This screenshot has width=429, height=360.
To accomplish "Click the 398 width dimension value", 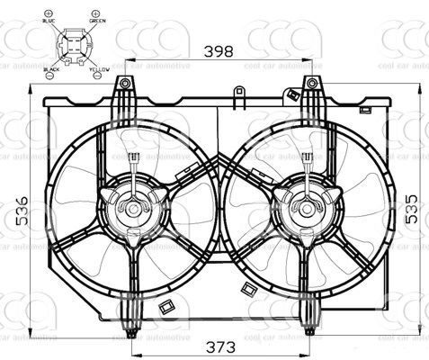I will [219, 52].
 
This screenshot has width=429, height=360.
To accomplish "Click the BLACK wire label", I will [51, 67].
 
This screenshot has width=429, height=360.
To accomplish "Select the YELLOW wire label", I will [99, 67].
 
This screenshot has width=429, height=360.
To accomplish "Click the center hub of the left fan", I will [133, 208].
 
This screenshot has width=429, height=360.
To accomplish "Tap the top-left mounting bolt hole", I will [125, 84].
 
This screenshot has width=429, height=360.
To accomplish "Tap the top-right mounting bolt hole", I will [311, 84].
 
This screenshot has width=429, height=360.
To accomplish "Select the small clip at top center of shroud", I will [238, 92].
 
